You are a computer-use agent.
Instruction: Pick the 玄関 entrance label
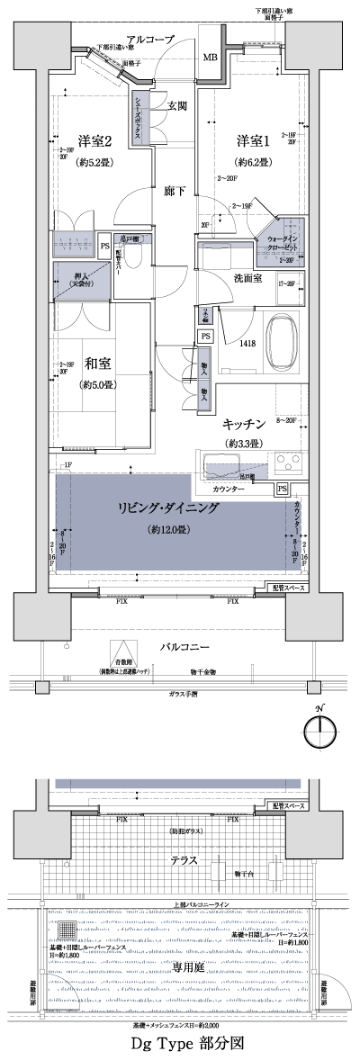[176, 105]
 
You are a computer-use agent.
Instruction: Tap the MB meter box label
[209, 58]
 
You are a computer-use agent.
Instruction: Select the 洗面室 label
[247, 279]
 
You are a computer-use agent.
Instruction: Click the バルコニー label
[185, 647]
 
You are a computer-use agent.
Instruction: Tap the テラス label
[185, 860]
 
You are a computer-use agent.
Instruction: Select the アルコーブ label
[149, 40]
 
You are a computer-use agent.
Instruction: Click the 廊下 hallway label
[175, 192]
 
